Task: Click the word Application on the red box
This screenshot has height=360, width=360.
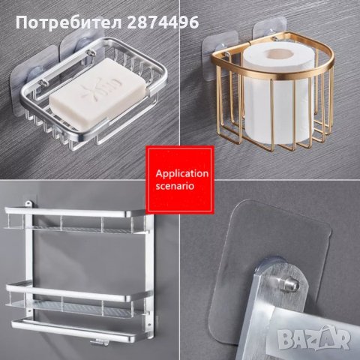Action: tap(181, 172)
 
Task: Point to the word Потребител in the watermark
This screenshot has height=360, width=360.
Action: tap(64, 22)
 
